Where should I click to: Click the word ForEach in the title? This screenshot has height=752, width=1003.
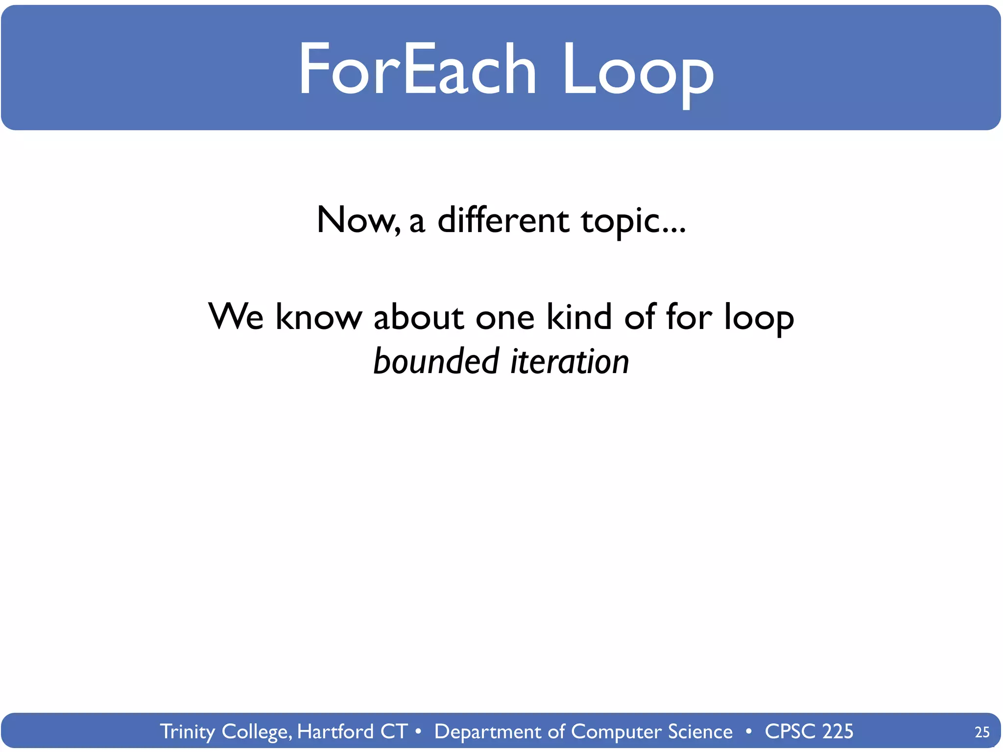(x=417, y=69)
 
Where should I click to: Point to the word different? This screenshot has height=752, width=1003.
(x=503, y=220)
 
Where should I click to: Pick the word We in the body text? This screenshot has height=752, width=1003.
(x=236, y=317)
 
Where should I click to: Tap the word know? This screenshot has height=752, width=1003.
(x=318, y=317)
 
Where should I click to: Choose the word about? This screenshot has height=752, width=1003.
(x=418, y=317)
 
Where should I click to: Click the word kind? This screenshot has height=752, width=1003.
(x=579, y=317)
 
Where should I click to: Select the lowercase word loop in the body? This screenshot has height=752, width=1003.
(x=759, y=318)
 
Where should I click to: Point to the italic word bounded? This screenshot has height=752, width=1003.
(x=436, y=361)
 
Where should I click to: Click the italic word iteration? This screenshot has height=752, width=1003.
(x=570, y=361)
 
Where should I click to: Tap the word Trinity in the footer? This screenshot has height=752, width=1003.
(x=188, y=732)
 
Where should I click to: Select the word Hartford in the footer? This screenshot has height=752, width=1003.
(x=335, y=731)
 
